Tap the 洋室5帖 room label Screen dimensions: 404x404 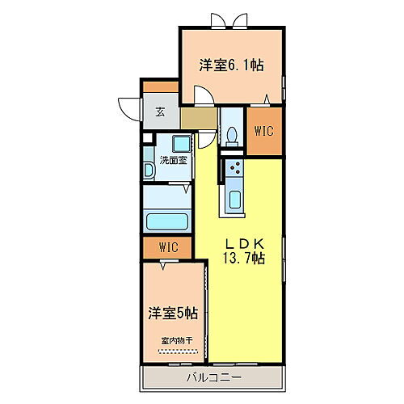(x=172, y=312)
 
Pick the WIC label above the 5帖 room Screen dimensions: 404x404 (x=168, y=246)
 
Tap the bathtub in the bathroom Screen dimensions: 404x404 (x=166, y=222)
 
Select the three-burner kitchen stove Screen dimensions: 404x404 (x=235, y=169)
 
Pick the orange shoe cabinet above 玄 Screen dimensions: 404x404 (x=161, y=86)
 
